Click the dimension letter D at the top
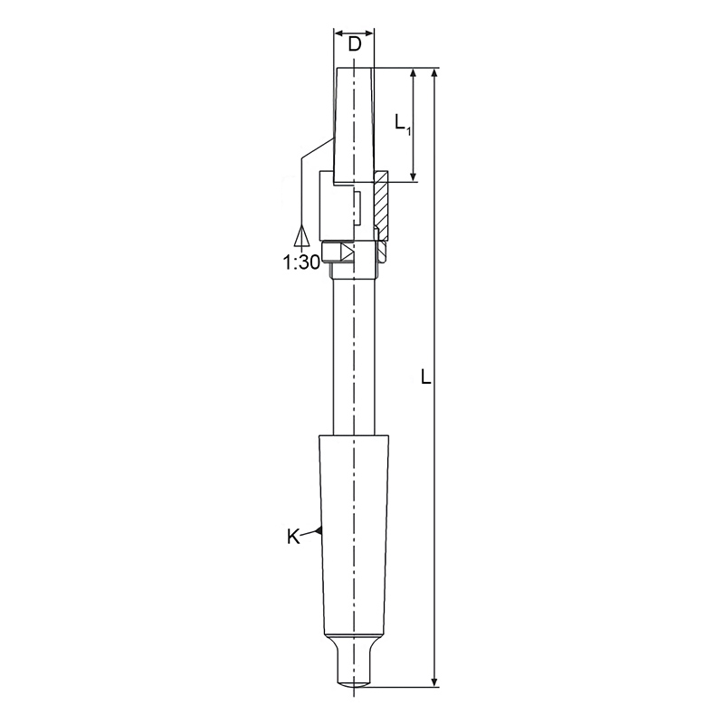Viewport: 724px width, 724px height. pos(354,45)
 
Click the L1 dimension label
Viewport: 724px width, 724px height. pos(403,123)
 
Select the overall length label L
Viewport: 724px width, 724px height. pos(425,377)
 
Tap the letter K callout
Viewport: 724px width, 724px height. pos(293,537)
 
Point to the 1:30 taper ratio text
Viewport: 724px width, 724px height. pos(300,262)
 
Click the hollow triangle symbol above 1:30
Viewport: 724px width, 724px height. pos(300,236)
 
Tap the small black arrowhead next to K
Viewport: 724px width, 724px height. pos(319,530)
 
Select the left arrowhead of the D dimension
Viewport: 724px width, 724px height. pos(338,33)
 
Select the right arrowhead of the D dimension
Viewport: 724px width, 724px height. pos(368,33)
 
